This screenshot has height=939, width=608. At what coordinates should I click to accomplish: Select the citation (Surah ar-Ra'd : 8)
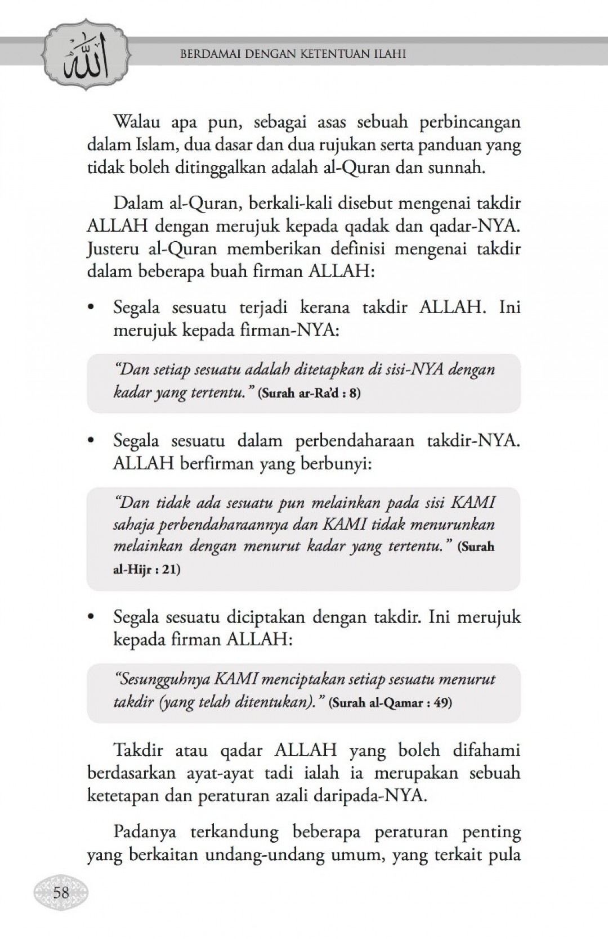(x=309, y=392)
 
